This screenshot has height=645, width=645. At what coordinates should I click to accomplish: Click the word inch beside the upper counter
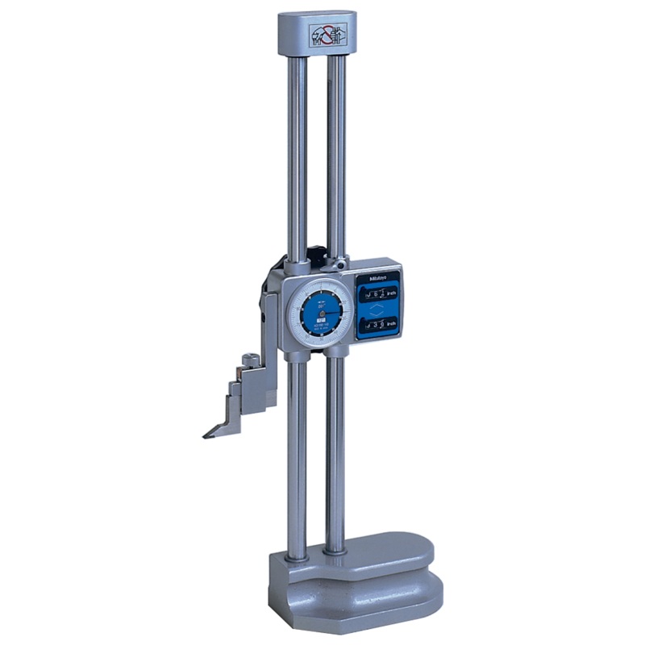391,296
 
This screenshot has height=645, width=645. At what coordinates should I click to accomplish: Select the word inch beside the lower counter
391,324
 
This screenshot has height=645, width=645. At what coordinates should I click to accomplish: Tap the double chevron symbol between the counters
377,310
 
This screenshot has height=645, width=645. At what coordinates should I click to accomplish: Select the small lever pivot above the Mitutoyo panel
343,264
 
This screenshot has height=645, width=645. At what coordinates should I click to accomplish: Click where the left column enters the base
298,556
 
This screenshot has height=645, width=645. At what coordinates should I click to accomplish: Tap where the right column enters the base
335,551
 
